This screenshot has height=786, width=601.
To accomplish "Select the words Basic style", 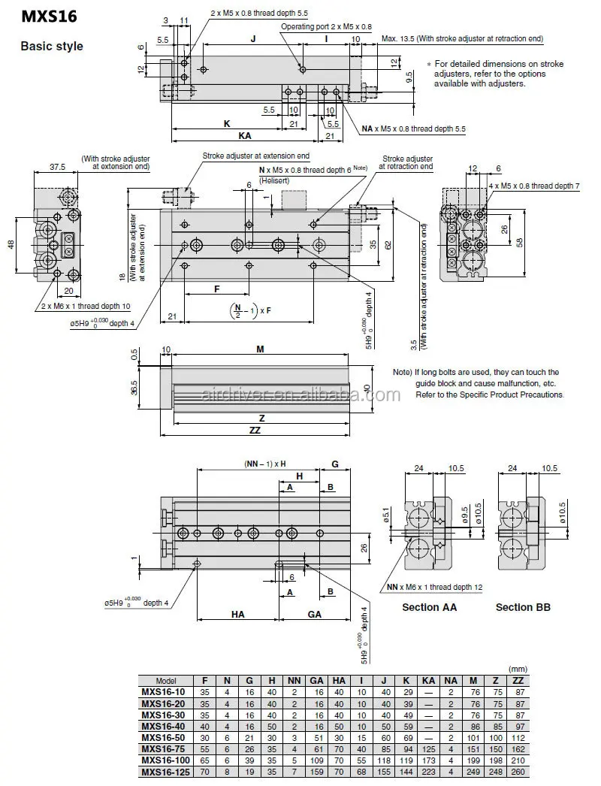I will click(x=51, y=47).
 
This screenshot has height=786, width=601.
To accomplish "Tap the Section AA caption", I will click(x=429, y=606).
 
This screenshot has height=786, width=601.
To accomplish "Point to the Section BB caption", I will click(x=523, y=606).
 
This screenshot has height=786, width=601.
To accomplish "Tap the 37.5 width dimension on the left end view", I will click(x=56, y=167).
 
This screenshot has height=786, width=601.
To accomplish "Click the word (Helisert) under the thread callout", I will click(x=275, y=181).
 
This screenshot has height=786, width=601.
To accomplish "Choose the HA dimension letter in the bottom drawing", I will click(x=237, y=614).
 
